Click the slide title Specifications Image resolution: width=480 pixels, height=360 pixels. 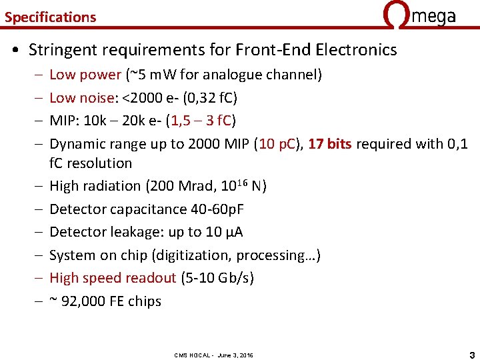coord(50,17)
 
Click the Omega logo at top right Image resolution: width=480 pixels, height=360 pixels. coord(420,15)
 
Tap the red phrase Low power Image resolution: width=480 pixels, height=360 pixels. coord(85,75)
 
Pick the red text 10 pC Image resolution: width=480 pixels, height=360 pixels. coord(279,144)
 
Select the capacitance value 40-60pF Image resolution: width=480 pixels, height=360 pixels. coord(216,209)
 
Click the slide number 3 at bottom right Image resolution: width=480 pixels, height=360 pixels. coord(471,353)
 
